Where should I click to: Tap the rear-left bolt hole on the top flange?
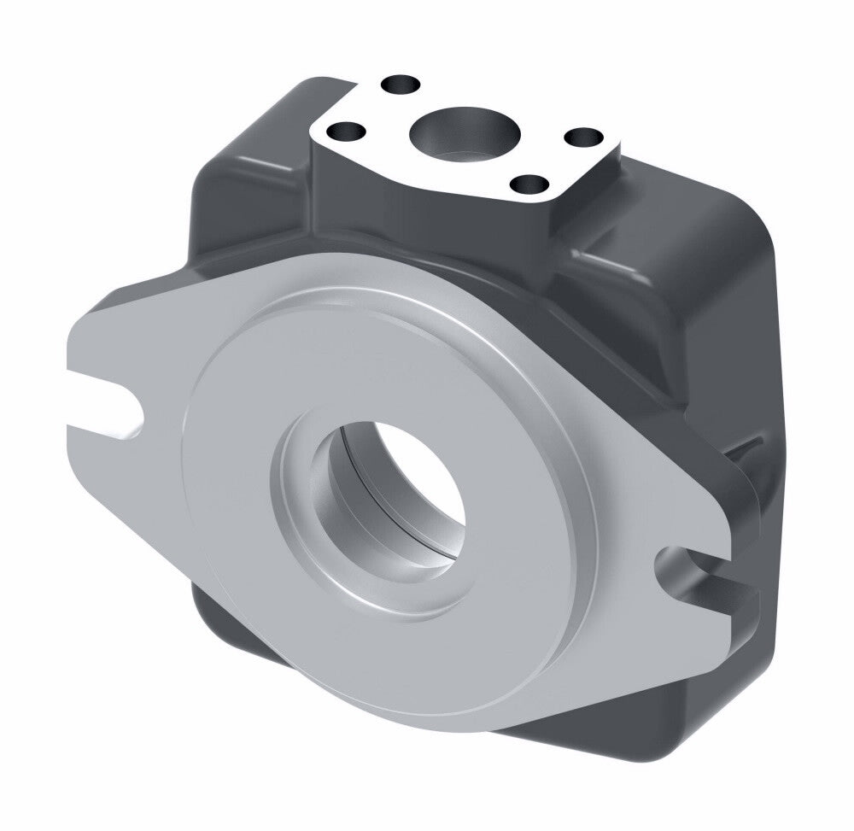(x=401, y=85)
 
